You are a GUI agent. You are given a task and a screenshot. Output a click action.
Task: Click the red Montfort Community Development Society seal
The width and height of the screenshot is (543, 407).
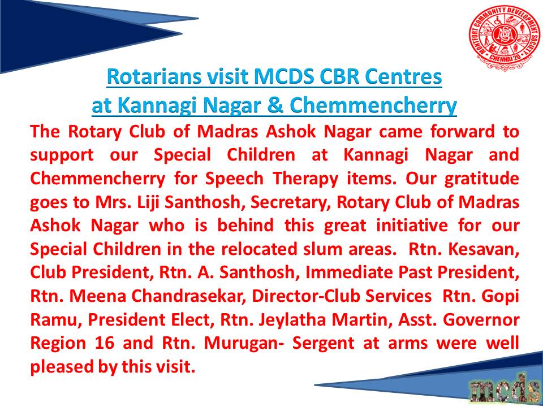coord(503,37)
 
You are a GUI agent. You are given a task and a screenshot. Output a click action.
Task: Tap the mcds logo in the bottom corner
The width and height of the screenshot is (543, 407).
coord(506,386)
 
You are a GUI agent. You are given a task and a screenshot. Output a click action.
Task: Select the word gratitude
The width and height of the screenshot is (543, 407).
coord(482,179)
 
